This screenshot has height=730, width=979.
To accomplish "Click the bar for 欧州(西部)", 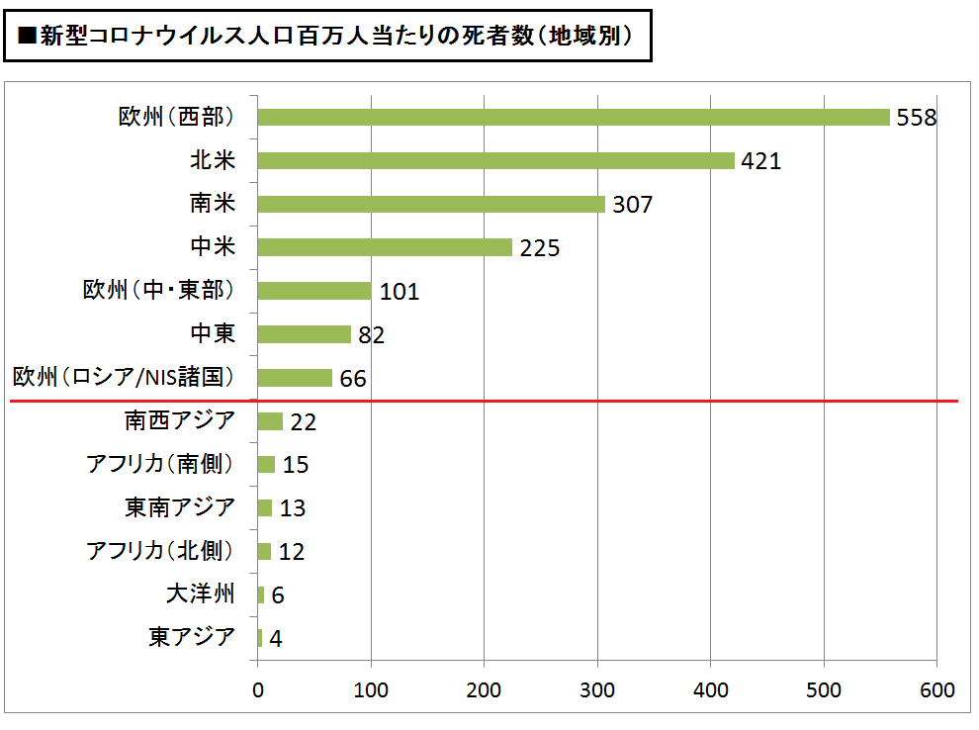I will click(574, 117).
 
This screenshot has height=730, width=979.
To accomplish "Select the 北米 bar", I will click(496, 160).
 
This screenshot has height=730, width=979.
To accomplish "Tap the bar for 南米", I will click(431, 204).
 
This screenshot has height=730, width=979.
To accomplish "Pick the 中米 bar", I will click(385, 247).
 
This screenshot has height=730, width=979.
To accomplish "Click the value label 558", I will click(916, 118).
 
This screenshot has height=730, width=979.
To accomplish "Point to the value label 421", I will click(760, 161).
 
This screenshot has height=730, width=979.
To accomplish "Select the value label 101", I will click(399, 292).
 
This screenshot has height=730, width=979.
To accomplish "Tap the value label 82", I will click(371, 335).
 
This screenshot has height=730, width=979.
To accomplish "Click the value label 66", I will click(353, 379).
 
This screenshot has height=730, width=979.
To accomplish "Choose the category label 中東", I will click(213, 333).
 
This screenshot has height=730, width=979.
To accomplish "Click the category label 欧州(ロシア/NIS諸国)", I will click(124, 377).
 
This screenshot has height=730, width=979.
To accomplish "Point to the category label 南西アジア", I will click(180, 420).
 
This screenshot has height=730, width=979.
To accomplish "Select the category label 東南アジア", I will click(180, 507).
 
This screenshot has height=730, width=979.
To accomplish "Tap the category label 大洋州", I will click(201, 594).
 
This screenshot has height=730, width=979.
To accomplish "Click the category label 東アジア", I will click(193, 637).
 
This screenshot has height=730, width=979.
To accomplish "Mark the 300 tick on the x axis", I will click(597, 690).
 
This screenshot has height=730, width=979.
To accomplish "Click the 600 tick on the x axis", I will click(936, 690).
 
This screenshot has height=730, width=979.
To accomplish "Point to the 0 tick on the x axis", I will click(258, 690).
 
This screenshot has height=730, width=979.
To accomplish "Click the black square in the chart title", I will click(28, 38).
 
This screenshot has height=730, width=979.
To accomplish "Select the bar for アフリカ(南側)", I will click(266, 465).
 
